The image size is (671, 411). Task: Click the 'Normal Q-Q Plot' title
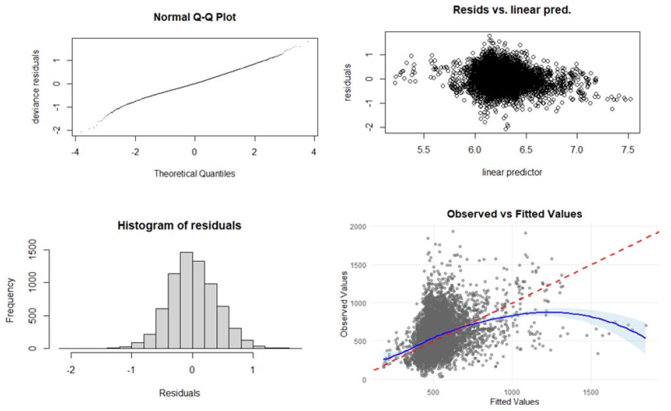194,14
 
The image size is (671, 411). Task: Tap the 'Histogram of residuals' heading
179,225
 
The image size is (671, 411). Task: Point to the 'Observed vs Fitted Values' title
514,214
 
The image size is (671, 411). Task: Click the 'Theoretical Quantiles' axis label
194,174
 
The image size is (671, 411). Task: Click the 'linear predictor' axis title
513,172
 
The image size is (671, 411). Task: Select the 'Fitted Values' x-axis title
514,401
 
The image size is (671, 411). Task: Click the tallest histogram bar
186,300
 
